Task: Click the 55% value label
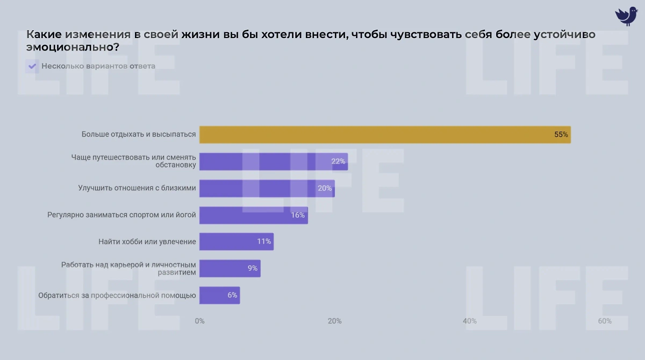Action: pos(561,135)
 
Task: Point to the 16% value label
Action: pos(298,215)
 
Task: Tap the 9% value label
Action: pos(253,268)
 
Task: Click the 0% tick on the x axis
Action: pos(199,321)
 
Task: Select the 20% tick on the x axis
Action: pos(334,321)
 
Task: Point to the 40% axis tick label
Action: pos(470,321)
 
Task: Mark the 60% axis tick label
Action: pos(605,321)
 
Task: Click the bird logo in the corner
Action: pos(626,16)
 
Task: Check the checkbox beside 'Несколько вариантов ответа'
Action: pos(32,67)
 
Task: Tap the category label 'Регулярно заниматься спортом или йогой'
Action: pos(121,215)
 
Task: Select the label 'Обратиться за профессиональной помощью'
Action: pos(117,295)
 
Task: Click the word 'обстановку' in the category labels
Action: pos(176,165)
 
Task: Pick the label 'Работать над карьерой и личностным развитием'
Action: pos(129,268)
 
